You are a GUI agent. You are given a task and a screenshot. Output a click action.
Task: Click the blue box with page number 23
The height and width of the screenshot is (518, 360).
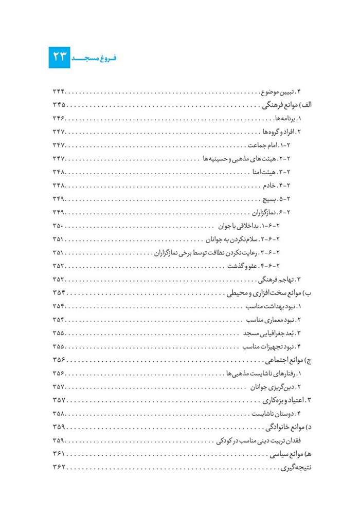[60, 56]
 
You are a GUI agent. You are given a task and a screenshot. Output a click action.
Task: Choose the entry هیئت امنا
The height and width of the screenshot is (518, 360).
[272, 172]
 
